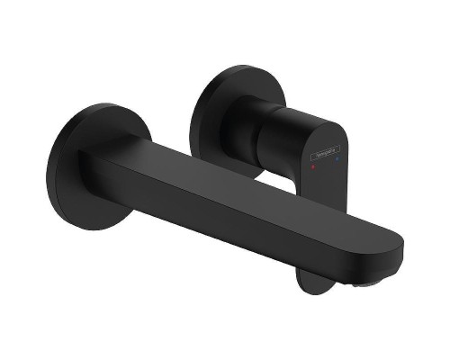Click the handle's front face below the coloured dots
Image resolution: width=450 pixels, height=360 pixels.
[x=326, y=184]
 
